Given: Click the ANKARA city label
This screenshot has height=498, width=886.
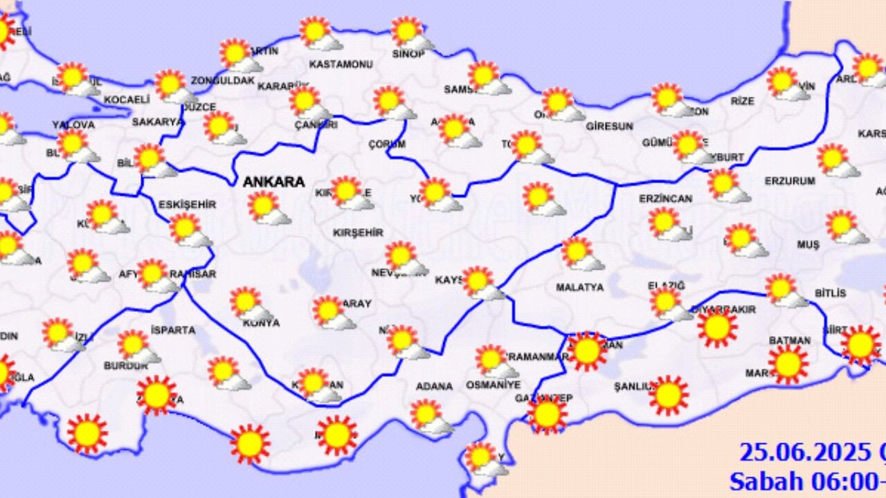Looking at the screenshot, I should (273, 182).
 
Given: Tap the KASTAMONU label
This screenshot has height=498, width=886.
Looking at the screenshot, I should (341, 64).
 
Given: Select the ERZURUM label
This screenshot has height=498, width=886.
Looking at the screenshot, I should (790, 181).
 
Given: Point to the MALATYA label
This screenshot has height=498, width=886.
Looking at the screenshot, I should (580, 287).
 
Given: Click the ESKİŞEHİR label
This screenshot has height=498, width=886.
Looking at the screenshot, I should (187, 205).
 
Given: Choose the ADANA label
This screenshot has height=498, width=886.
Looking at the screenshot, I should (434, 386).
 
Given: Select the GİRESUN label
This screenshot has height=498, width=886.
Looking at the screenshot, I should (610, 127).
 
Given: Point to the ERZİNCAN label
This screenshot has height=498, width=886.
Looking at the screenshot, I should (665, 199).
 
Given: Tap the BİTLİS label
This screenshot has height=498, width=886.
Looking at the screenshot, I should (830, 293).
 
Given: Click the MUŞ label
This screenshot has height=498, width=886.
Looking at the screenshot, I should (808, 245).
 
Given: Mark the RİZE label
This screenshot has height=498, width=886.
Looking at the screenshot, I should (742, 101).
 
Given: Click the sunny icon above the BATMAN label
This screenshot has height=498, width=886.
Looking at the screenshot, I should (788, 364).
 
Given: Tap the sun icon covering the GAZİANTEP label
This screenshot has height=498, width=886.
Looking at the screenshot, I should (547, 414).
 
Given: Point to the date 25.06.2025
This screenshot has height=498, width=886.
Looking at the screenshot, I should (805, 452).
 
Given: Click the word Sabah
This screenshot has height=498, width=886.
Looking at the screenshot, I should (764, 480).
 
